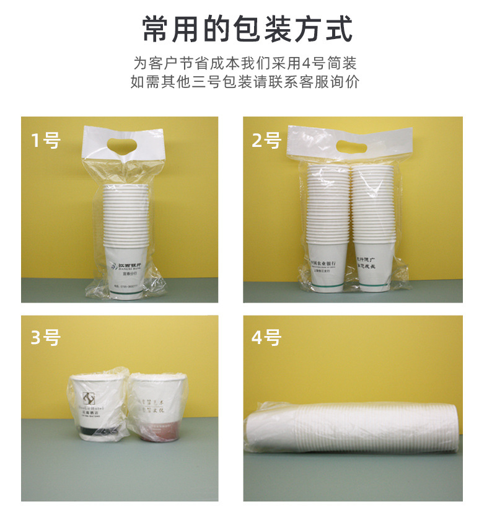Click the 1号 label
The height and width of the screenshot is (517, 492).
[x=46, y=141]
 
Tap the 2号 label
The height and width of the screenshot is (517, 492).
[x=266, y=141]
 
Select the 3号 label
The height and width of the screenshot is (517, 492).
[x=46, y=338]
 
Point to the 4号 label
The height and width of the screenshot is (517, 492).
[x=267, y=338]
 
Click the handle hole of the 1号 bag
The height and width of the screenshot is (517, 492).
[x=123, y=146]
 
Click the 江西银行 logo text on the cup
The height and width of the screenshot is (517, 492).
[x=128, y=265]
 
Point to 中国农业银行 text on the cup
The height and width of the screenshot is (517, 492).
[x=326, y=263]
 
